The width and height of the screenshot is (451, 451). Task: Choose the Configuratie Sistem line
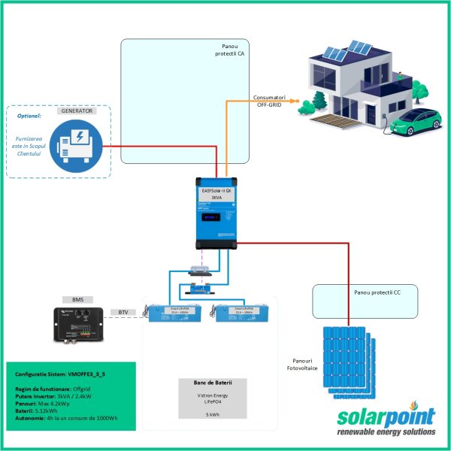click(x=53, y=374)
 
